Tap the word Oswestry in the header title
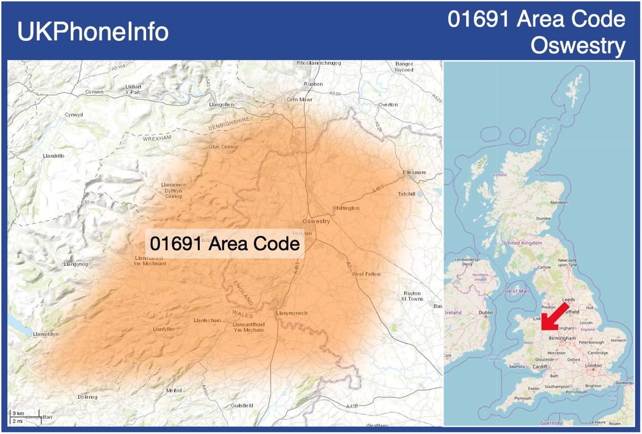tap(578, 45)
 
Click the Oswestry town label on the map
tap(316, 221)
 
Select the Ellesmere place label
tap(414, 172)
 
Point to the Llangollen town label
tap(221, 105)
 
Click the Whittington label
tap(346, 208)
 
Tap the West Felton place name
tap(366, 274)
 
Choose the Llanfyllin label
tap(164, 329)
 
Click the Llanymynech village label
tap(291, 313)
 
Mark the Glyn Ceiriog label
tap(223, 147)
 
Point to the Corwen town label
tap(95, 92)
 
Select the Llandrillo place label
tap(54, 156)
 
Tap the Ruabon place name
tap(313, 84)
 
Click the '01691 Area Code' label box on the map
tap(225, 243)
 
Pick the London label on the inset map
tap(593, 366)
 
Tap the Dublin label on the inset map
tap(486, 312)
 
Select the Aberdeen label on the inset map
tap(558, 202)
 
